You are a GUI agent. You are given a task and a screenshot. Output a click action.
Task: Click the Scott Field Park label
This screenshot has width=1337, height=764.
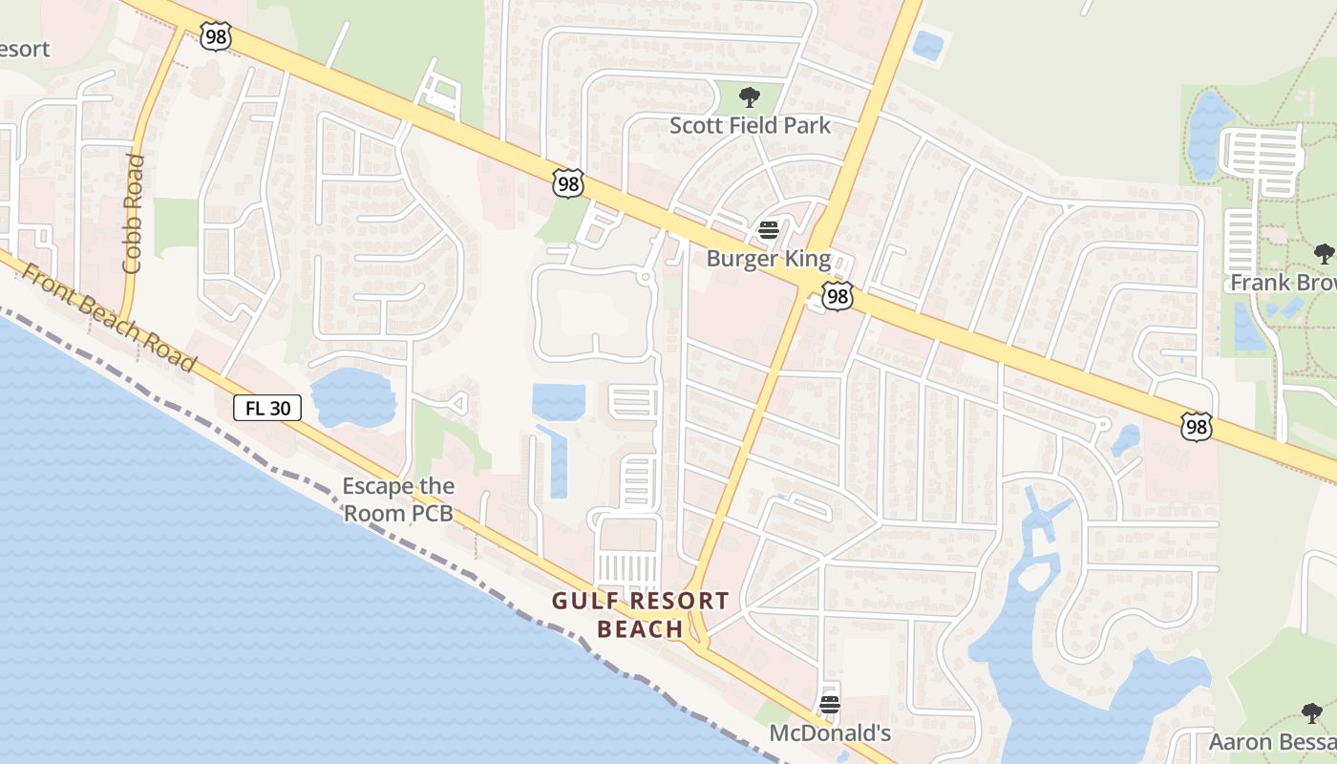click(x=750, y=125)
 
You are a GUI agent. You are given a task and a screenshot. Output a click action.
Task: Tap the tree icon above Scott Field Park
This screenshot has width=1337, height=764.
click(x=750, y=96)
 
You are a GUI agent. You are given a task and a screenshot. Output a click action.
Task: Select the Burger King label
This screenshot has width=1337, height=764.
click(x=768, y=259)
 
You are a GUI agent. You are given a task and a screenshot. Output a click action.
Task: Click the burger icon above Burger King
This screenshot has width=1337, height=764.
click(x=769, y=230)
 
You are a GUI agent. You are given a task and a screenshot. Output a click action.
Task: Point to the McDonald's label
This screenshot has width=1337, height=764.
click(x=830, y=733)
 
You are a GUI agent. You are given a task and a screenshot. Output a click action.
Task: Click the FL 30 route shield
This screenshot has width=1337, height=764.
click(x=267, y=408)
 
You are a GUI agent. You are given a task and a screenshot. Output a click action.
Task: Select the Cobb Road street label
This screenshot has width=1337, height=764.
click(x=133, y=214)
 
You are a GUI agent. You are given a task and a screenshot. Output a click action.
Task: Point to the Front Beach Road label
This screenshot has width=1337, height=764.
click(x=108, y=318)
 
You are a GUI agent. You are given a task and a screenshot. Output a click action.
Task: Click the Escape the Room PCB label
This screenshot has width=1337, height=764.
click(x=398, y=499)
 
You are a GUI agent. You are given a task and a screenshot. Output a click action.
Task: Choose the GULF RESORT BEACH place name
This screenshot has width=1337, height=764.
click(x=641, y=614)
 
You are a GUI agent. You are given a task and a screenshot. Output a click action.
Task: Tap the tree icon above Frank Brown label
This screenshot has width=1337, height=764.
click(x=1324, y=254)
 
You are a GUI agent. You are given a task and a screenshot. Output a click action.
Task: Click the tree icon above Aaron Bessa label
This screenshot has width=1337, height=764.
click(x=1312, y=712)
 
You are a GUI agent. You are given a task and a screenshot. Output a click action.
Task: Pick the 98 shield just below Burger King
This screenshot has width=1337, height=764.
click(x=838, y=298)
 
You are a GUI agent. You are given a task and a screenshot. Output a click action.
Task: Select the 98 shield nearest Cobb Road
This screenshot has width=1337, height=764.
click(x=215, y=36)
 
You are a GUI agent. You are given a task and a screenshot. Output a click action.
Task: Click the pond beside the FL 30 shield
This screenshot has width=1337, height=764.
click(x=351, y=397)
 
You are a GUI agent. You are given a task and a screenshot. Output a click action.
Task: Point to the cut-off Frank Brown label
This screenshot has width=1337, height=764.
click(x=1283, y=283)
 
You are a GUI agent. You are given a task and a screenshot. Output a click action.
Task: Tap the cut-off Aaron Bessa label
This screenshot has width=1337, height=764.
click(x=1272, y=741)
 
